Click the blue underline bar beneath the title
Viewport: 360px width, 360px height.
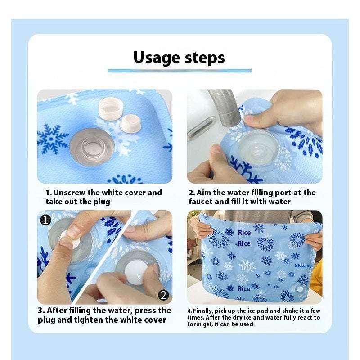click(180, 71)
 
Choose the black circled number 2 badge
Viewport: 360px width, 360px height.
click(164, 295)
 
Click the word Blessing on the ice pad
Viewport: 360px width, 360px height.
click(303, 265)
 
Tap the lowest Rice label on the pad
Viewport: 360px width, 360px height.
click(244, 288)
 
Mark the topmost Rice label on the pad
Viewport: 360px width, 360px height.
click(244, 233)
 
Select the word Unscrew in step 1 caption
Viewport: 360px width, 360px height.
click(70, 193)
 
